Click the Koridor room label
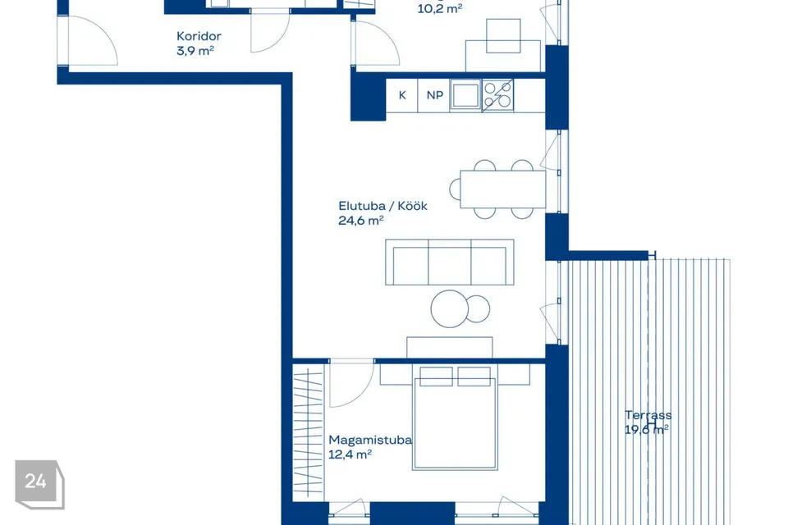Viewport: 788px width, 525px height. point(199,36)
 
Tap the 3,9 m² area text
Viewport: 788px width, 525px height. point(195,51)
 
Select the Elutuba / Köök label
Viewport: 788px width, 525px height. point(383,206)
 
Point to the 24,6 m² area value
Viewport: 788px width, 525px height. point(361,221)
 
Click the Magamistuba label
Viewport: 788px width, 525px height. point(370,440)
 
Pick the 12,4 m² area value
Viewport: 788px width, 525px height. point(350,454)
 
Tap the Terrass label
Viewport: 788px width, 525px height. point(648,415)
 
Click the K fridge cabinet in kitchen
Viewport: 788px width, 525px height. point(402,95)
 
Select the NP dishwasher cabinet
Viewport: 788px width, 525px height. point(435,95)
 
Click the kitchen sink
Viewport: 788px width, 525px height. point(466,95)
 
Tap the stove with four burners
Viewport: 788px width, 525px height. point(497,95)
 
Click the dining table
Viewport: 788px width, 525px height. point(502,189)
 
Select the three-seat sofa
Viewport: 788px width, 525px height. point(449,262)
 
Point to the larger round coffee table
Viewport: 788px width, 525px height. point(450,309)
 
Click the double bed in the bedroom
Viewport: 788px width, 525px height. point(454,417)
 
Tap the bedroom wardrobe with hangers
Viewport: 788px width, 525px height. point(308,432)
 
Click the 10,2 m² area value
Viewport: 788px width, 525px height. point(440,8)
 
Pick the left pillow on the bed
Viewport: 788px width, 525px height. point(436,377)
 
